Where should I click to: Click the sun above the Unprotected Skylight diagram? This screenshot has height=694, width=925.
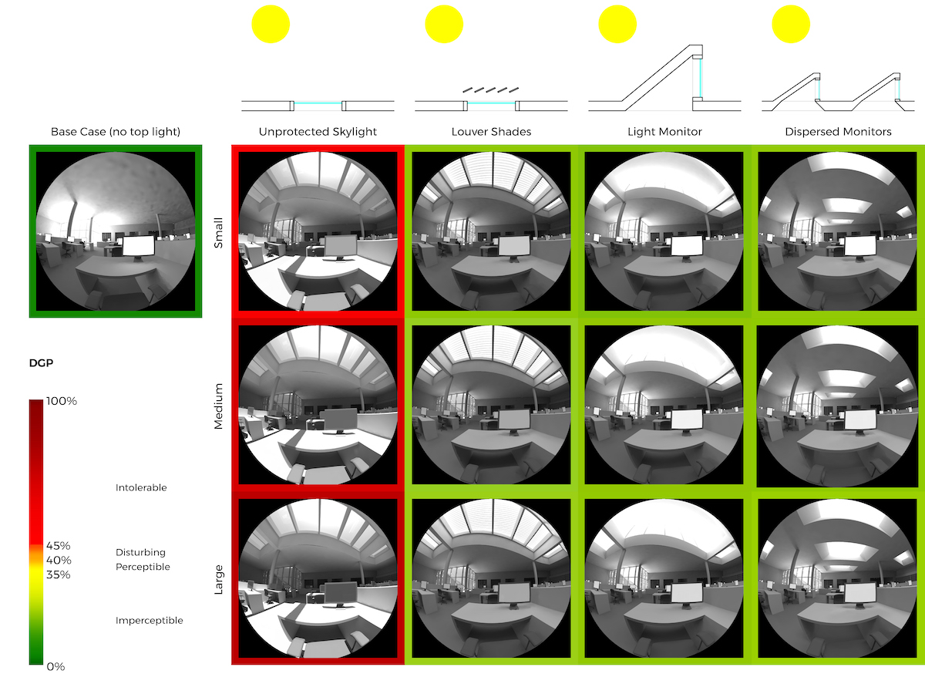[271, 24]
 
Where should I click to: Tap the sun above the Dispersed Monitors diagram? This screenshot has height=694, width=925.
[791, 24]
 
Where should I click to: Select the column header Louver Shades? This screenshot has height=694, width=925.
[491, 132]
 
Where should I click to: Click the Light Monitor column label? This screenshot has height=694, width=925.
[664, 132]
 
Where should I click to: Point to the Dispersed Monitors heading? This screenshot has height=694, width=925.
[838, 132]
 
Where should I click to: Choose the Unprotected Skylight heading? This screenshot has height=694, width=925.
[318, 132]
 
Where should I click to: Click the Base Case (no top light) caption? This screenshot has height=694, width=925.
[116, 132]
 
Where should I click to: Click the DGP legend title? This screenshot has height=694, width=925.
[40, 363]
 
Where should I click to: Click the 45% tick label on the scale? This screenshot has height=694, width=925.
[59, 546]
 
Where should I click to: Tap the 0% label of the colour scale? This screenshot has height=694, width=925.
[55, 666]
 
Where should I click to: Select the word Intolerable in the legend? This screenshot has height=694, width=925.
[141, 487]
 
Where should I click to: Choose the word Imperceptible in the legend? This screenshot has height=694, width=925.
[150, 620]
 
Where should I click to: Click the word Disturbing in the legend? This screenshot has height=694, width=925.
[140, 552]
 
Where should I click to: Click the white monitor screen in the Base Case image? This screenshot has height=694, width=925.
[139, 246]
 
